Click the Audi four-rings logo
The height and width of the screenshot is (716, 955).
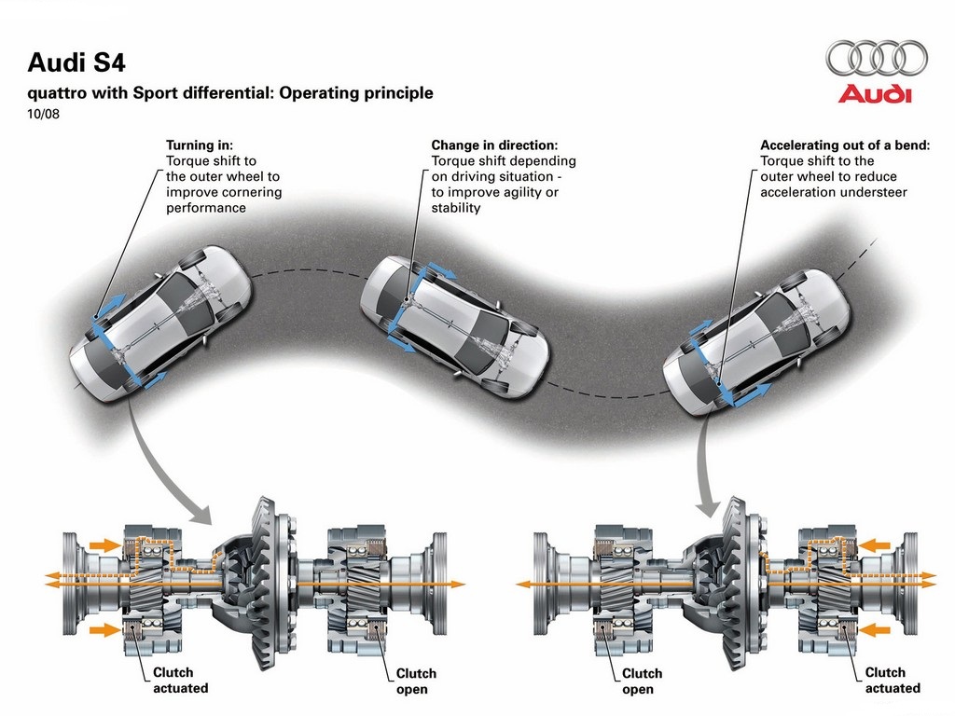coord(877,59)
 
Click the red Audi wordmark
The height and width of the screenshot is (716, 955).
coord(875,94)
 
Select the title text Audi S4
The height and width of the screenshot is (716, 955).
coord(76,62)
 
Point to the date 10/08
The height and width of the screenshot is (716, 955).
coord(43,114)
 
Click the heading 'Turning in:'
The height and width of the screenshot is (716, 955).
coord(200,145)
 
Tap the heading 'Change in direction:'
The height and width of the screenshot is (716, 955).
coord(494,145)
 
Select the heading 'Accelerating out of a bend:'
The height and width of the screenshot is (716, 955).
coord(845,145)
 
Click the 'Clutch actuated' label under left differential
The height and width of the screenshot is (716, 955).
coord(180,680)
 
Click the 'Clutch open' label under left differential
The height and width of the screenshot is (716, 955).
coord(416,682)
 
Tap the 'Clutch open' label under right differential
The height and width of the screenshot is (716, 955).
coord(642,682)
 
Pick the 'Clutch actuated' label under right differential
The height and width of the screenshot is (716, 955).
coord(893,680)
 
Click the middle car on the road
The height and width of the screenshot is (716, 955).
coord(454,326)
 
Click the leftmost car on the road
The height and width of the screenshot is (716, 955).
coord(160,324)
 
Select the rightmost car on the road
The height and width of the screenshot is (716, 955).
coord(755,341)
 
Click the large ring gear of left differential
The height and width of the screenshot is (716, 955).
coord(266,583)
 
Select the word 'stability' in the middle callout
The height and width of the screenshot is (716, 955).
coord(456,208)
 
